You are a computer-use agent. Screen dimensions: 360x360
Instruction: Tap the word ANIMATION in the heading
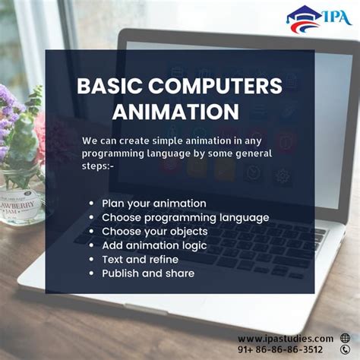(175, 111)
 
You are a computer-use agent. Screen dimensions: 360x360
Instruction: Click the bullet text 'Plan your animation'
(154, 204)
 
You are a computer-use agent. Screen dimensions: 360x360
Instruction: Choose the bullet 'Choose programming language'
(185, 217)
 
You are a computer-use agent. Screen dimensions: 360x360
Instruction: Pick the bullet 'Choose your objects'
(154, 231)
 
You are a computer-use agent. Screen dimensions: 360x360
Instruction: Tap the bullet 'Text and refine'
(140, 259)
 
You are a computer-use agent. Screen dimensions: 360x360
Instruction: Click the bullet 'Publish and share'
(148, 273)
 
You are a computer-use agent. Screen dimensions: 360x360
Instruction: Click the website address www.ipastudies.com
(286, 338)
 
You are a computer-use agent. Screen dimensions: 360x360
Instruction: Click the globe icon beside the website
(346, 338)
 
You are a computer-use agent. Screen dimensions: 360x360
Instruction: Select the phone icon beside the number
(346, 350)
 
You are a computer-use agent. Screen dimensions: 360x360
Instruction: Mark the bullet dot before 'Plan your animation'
(91, 204)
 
